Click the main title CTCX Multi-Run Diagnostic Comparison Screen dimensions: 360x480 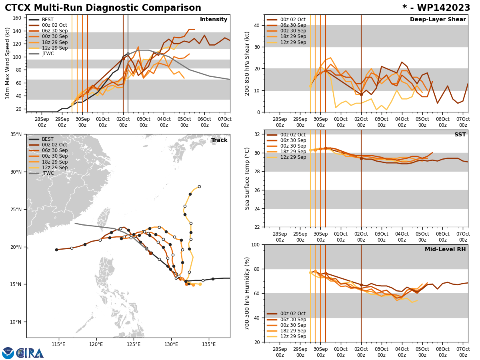click(103, 8)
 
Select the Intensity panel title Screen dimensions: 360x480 click(214, 20)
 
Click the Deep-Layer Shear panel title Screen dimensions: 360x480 click(438, 20)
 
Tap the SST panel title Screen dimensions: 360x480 click(460, 135)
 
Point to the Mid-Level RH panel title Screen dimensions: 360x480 click(445, 250)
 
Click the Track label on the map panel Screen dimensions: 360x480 click(219, 140)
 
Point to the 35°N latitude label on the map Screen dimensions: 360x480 click(16, 134)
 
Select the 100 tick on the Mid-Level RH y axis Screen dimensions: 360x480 click(255, 244)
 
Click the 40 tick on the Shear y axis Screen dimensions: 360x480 click(257, 25)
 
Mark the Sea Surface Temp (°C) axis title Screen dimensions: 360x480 click(248, 178)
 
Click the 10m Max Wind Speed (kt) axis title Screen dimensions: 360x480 click(7, 63)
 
